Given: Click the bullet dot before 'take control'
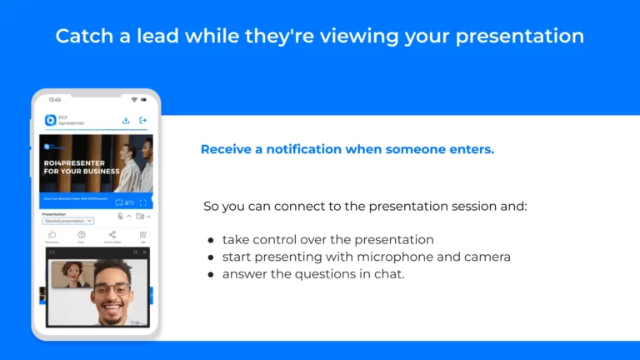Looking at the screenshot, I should (211, 240).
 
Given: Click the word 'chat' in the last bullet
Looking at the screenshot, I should (388, 274).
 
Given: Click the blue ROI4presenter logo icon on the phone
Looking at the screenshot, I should (50, 120).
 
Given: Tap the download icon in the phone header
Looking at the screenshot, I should (126, 120).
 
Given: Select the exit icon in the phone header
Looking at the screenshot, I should (142, 120).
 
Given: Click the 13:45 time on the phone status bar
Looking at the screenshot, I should (54, 100).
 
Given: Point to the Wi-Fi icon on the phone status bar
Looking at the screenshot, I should (134, 100).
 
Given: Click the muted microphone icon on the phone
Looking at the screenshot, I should (120, 216).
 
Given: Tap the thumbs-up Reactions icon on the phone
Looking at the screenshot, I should (52, 236).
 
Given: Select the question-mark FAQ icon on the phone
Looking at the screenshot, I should (82, 236).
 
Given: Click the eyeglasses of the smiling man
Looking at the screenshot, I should (112, 289).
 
